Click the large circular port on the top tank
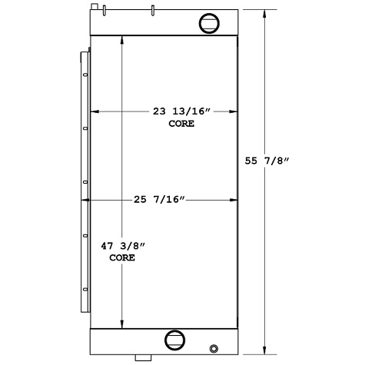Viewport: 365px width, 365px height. click(209, 23)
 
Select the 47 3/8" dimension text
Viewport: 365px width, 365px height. click(123, 247)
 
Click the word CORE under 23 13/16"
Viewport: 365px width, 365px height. click(181, 123)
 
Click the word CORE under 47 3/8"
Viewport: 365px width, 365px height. click(122, 258)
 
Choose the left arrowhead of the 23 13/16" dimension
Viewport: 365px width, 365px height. click(96, 111)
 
